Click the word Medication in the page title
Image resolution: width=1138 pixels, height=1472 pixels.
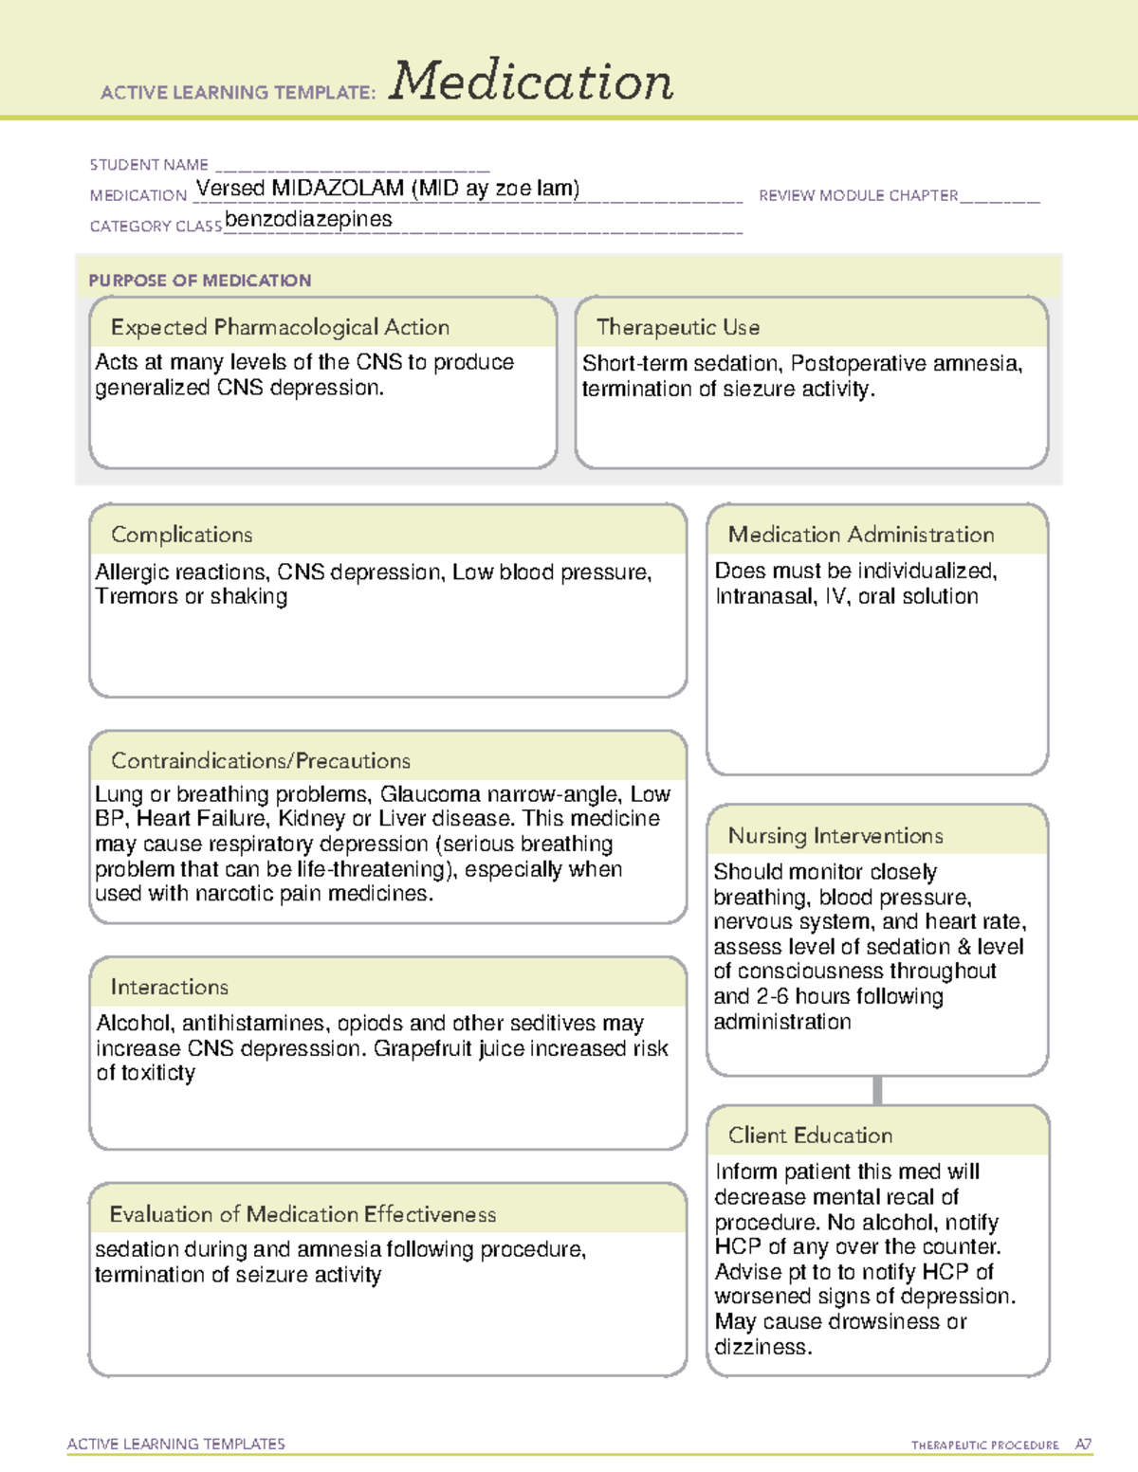pyautogui.click(x=531, y=82)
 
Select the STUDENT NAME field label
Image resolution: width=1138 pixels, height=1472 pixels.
pyautogui.click(x=149, y=165)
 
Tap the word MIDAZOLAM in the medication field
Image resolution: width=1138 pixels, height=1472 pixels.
pyautogui.click(x=338, y=189)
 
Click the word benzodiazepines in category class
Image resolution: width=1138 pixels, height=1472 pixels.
pyautogui.click(x=308, y=219)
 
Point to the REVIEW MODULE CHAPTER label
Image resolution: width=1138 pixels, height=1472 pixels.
pyautogui.click(x=858, y=195)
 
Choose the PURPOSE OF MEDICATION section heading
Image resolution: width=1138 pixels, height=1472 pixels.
pyautogui.click(x=200, y=281)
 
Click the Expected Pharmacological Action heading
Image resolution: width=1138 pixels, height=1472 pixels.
pyautogui.click(x=280, y=327)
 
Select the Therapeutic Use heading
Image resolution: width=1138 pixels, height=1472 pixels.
pyautogui.click(x=678, y=327)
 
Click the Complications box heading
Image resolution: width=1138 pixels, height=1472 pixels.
pyautogui.click(x=182, y=535)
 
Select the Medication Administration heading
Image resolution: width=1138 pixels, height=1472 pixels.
pyautogui.click(x=861, y=535)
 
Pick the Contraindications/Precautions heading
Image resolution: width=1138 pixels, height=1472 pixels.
pyautogui.click(x=261, y=760)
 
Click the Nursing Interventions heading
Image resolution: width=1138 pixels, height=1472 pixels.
pyautogui.click(x=835, y=836)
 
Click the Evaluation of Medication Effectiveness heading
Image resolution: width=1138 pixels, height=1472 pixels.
pyautogui.click(x=303, y=1214)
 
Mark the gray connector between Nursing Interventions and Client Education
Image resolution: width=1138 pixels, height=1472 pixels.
pyautogui.click(x=877, y=1090)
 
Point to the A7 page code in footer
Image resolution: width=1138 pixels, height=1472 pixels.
pyautogui.click(x=1083, y=1445)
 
